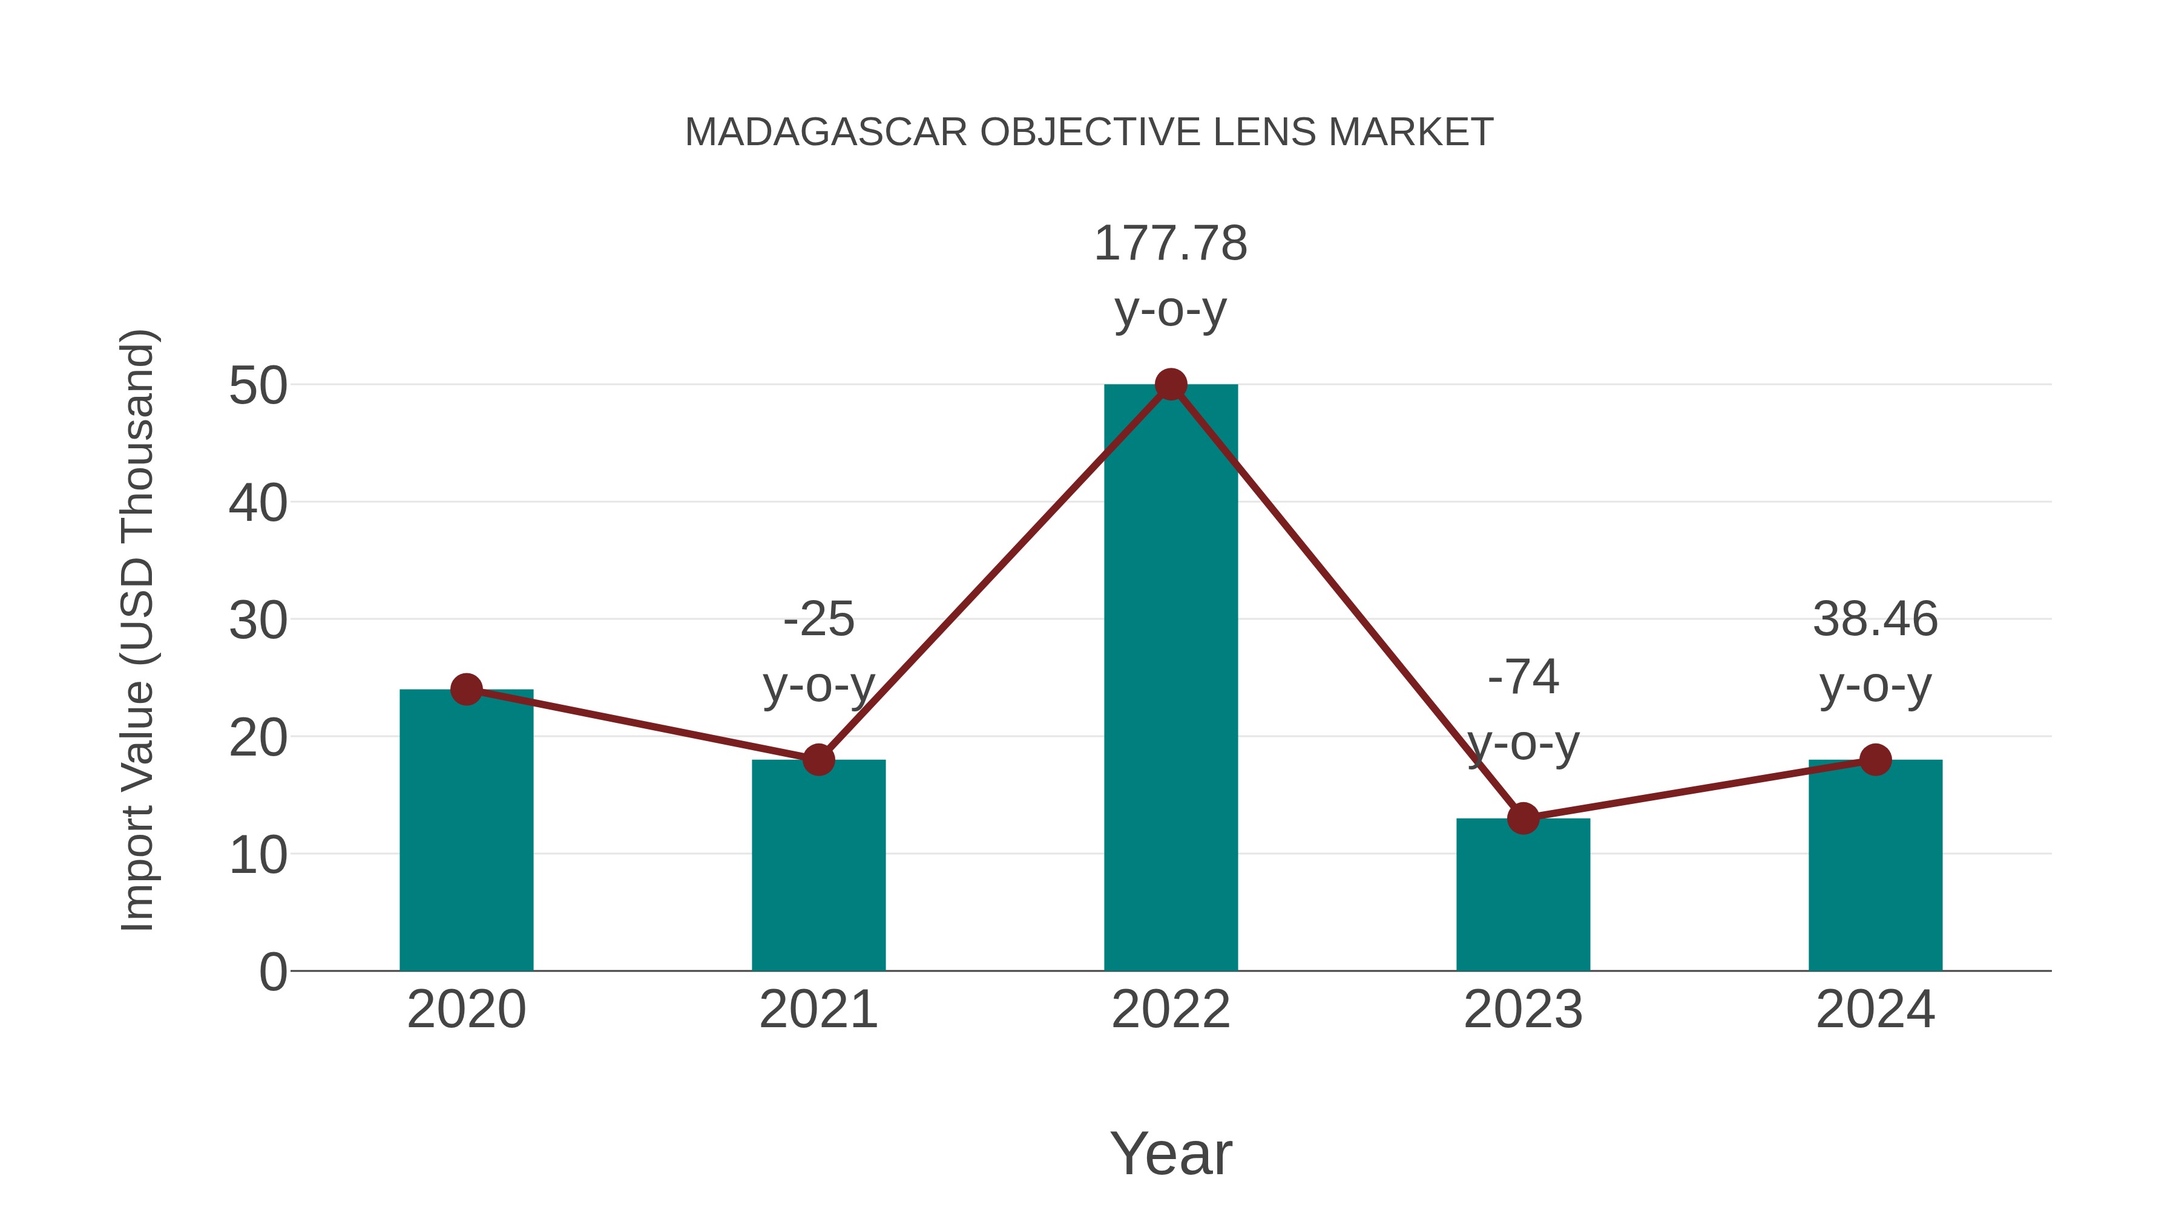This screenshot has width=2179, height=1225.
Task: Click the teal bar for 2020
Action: pos(466,833)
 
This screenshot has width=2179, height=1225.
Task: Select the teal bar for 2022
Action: pos(1170,676)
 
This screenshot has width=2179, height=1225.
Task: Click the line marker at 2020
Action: pos(466,690)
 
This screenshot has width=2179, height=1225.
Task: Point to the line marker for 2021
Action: pos(818,760)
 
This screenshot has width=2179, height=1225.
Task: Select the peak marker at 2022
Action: pos(1170,385)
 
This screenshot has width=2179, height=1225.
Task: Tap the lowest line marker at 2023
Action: pos(1523,818)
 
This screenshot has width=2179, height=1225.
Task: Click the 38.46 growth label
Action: pos(1875,619)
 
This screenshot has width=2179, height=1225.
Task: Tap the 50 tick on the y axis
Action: pos(258,387)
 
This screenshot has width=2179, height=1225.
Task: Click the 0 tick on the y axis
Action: pos(273,972)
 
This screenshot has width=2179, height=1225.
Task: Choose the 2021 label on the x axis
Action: pos(818,1010)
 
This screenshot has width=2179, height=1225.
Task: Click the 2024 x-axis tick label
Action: pos(1875,1010)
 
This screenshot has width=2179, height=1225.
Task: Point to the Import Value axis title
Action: pos(137,630)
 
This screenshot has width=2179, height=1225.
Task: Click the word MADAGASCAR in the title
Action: pos(826,132)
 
